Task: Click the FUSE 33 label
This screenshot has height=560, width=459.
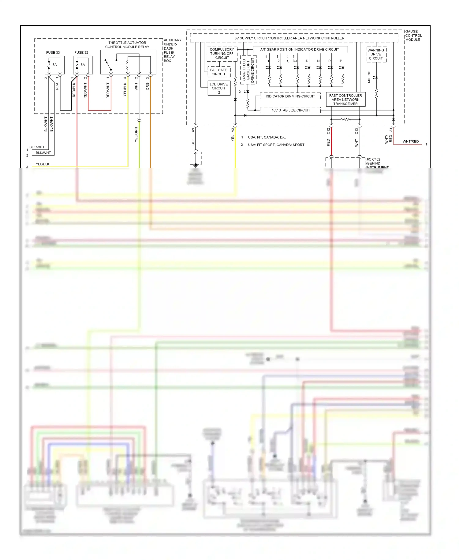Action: click(x=53, y=52)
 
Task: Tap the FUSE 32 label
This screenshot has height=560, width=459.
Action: click(x=81, y=52)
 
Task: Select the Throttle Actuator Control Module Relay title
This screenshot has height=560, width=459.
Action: click(x=127, y=45)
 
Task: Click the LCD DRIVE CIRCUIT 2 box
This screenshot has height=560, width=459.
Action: click(x=219, y=88)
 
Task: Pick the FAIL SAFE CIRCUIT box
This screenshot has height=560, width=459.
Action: click(x=218, y=72)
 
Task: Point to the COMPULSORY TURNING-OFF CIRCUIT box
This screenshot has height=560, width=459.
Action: click(x=222, y=54)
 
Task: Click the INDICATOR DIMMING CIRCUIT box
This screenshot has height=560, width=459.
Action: click(x=290, y=96)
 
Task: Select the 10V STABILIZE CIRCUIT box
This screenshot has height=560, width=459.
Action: click(x=291, y=110)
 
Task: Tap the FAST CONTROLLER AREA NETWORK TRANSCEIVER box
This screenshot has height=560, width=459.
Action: click(x=345, y=100)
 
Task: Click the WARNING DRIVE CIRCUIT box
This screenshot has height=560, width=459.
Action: click(x=376, y=54)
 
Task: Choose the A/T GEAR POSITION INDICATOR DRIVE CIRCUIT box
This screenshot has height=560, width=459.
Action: click(x=300, y=49)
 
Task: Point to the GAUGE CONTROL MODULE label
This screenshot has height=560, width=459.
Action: click(x=413, y=36)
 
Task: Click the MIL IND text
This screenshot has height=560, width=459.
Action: click(x=369, y=77)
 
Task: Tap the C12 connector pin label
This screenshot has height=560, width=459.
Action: click(x=328, y=131)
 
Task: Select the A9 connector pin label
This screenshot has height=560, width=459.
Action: click(x=193, y=130)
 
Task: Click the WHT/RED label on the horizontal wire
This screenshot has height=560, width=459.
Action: click(x=410, y=142)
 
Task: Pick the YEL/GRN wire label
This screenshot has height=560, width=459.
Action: click(x=136, y=134)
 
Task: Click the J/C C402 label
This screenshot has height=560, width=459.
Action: click(x=373, y=159)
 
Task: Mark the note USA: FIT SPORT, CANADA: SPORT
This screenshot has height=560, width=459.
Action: click(x=276, y=145)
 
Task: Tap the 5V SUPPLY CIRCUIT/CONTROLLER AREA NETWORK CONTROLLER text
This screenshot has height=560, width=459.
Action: click(x=289, y=38)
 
